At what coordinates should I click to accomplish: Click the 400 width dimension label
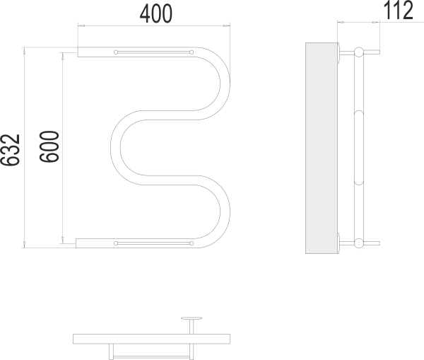(x=156, y=14)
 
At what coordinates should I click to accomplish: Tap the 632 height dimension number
(x=11, y=150)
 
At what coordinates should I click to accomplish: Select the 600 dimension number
(x=49, y=146)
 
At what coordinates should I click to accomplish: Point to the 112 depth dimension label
(x=399, y=11)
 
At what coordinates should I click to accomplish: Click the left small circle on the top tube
(x=116, y=52)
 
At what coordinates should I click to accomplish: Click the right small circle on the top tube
(x=192, y=52)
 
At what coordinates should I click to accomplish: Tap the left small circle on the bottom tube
(x=116, y=243)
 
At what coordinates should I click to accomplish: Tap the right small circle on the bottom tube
(x=192, y=243)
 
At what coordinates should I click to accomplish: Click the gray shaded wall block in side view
(x=322, y=148)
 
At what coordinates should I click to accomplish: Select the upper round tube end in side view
(x=359, y=52)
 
